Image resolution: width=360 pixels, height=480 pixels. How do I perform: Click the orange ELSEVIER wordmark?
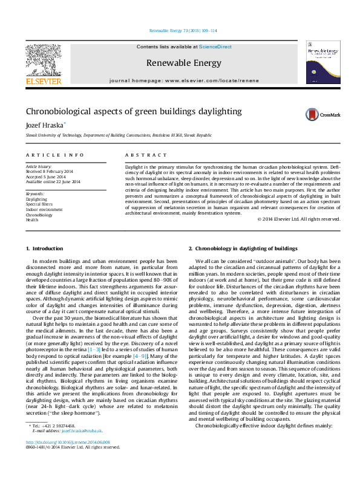pyautogui.click(x=43, y=81)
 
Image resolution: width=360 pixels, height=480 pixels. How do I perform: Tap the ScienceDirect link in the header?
pyautogui.click(x=216, y=47)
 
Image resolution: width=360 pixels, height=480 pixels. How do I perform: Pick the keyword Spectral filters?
pyautogui.click(x=39, y=204)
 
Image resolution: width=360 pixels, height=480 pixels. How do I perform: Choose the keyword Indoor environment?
pyautogui.click(x=44, y=209)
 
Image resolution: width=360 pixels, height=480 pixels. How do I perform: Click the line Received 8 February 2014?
pyautogui.click(x=47, y=171)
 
